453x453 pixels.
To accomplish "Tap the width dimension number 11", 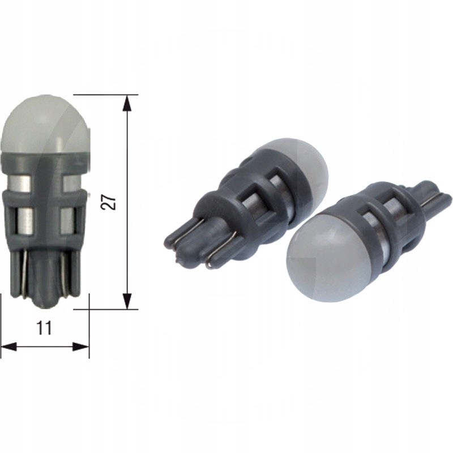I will pos(45,327).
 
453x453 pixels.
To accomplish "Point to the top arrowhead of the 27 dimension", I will pos(127,102).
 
